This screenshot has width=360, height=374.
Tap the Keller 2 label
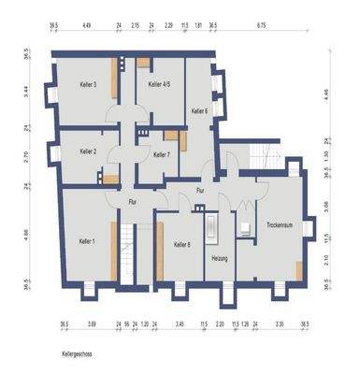[89, 151]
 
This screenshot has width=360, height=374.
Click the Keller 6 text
[199, 111]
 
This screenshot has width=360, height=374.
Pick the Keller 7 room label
[161, 155]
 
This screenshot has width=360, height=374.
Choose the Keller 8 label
[181, 245]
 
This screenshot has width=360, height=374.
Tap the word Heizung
[221, 257]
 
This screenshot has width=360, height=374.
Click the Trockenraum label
[280, 225]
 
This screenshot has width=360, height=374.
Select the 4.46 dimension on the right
[324, 93]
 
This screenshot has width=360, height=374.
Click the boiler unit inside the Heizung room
[211, 229]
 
